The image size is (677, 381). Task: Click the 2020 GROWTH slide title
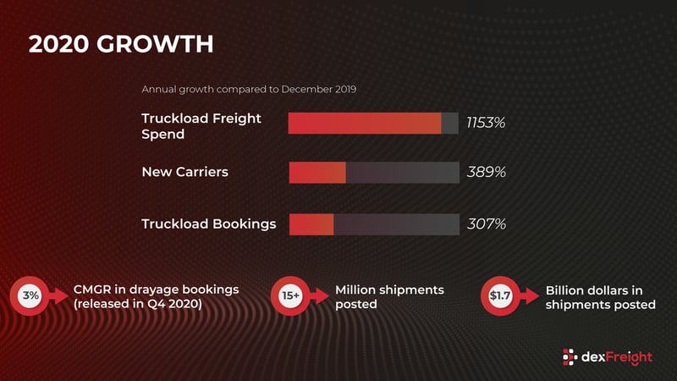121,44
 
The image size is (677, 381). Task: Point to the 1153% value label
486,123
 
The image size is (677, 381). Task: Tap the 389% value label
486,173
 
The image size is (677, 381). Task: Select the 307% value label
486,224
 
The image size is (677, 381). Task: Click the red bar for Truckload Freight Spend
365,123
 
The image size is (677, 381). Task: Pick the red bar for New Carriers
317,173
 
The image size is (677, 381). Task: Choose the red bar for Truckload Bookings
311,224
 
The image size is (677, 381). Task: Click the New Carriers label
184,173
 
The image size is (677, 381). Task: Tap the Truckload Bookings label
208,224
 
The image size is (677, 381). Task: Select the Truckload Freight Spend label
201,125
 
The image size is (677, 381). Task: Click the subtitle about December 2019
248,89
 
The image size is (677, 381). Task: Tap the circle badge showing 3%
30,295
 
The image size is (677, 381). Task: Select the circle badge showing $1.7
500,295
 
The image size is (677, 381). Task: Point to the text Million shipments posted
389,296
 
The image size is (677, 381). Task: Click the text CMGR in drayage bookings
156,290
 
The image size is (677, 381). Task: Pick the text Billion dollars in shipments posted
600,297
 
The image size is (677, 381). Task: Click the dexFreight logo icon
571,356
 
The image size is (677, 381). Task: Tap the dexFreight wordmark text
618,356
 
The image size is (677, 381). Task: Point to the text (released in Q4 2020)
137,304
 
